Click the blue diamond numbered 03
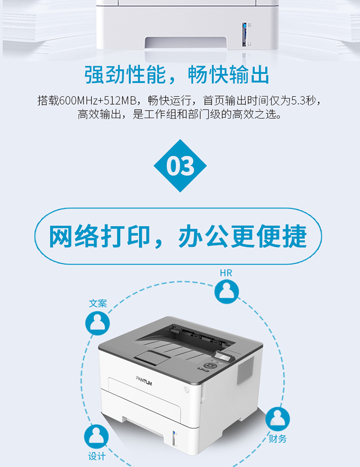coord(180,166)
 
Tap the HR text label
coord(226,273)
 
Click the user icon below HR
coord(227,292)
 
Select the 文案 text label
coord(97,304)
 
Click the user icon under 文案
coord(97,323)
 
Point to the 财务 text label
coord(277,439)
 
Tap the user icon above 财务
coord(277,419)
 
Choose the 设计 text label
coord(96,456)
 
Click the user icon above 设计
coord(96,436)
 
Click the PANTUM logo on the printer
coord(144,381)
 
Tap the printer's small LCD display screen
coord(223,356)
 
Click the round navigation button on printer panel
coord(210,365)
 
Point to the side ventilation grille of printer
coord(245,370)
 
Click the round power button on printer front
coord(186,390)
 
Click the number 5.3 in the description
coord(298,101)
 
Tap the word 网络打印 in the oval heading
coord(99,236)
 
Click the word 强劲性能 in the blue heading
coord(125,74)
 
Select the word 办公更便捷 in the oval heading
coord(242,236)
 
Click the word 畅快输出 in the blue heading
coord(228,74)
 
